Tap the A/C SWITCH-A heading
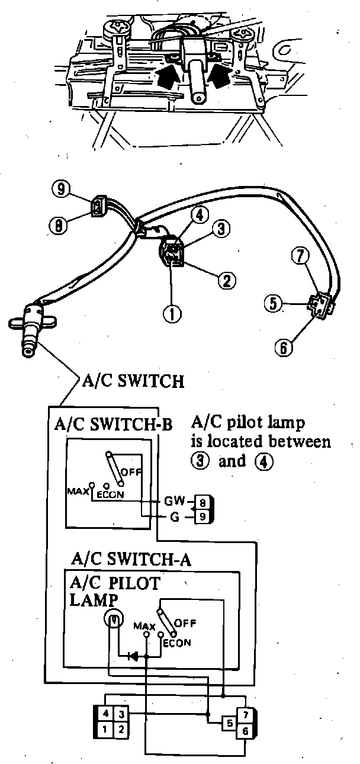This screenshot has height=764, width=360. tap(130, 560)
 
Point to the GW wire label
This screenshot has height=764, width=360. tap(172, 502)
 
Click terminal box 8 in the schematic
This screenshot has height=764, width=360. tap(202, 503)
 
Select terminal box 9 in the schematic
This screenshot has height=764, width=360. tap(202, 516)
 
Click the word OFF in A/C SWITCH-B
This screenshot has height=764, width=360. tap(131, 472)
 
